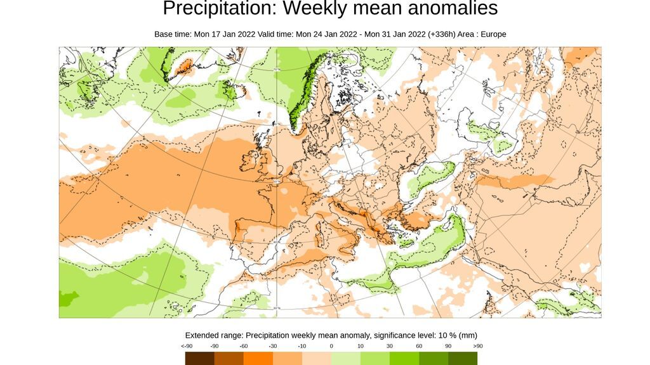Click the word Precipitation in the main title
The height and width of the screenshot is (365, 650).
click(x=220, y=9)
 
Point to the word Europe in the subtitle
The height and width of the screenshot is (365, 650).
click(x=493, y=34)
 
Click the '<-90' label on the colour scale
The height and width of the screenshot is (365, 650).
click(x=187, y=346)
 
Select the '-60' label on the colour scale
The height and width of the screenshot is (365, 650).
click(x=244, y=346)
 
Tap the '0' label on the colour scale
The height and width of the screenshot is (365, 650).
click(x=331, y=346)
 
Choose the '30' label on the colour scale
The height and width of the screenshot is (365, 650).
click(x=390, y=346)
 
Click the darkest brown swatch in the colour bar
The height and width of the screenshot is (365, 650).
click(x=200, y=359)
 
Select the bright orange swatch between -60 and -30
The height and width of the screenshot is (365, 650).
click(x=258, y=359)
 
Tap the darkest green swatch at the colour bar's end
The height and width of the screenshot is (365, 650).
click(x=463, y=359)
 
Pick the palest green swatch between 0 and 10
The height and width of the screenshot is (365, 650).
click(x=346, y=359)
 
